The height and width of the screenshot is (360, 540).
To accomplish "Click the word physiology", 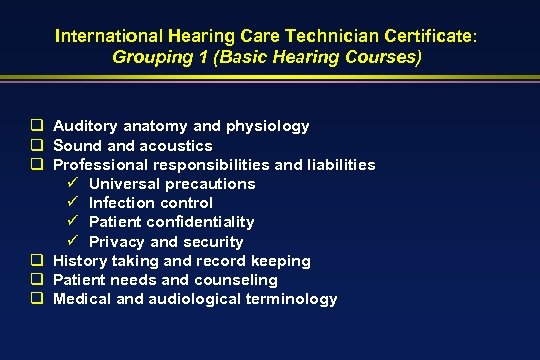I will [x=266, y=126].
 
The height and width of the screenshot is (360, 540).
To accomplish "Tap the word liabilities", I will [x=336, y=164].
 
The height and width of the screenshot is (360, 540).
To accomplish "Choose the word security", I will [x=213, y=242].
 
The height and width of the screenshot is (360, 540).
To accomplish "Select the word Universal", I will [x=122, y=184].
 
